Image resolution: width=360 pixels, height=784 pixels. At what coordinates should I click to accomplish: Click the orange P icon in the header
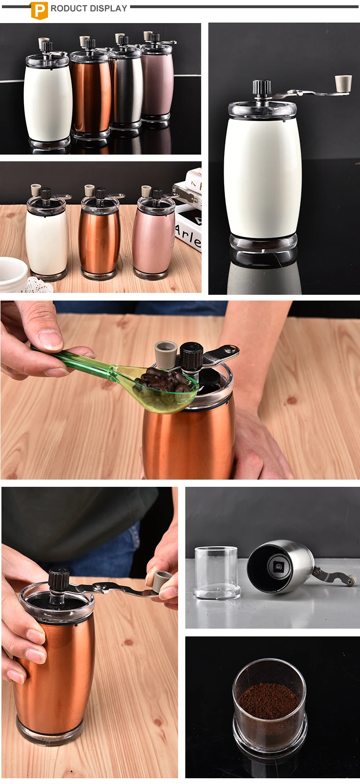(x=39, y=10)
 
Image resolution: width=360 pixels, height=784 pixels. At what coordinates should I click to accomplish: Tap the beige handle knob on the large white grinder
(x=343, y=83)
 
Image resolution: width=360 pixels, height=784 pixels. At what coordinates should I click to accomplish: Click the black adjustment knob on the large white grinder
(x=262, y=87)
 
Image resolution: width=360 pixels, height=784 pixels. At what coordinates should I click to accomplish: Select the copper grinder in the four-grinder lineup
(x=91, y=91)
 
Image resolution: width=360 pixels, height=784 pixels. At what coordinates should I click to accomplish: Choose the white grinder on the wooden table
(x=47, y=240)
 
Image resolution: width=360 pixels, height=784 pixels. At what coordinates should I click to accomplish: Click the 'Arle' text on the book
(x=188, y=235)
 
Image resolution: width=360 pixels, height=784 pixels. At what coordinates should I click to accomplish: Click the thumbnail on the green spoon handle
(x=50, y=340)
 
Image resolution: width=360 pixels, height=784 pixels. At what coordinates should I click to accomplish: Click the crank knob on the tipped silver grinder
(x=351, y=581)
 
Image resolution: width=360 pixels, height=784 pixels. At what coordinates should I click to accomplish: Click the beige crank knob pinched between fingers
(x=162, y=580)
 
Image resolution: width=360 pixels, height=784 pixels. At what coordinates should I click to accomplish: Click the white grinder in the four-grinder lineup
(x=48, y=101)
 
